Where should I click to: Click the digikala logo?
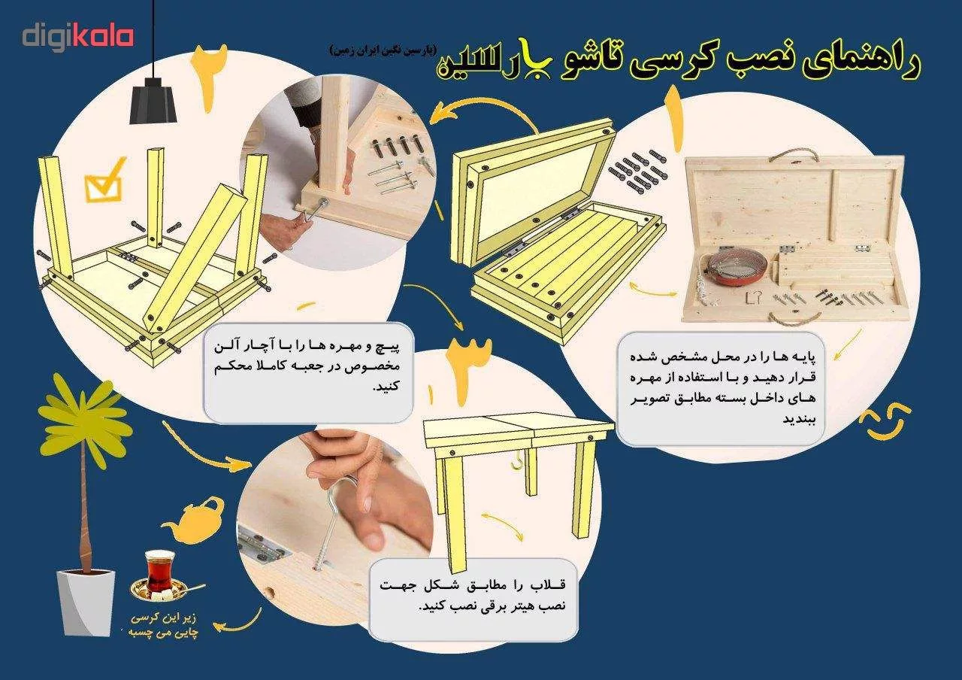[x=77, y=36]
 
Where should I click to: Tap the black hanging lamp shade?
[x=153, y=102]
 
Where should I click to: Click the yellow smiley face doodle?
[x=888, y=421]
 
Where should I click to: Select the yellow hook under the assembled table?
[x=517, y=460]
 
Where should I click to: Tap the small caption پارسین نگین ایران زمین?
[x=382, y=50]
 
